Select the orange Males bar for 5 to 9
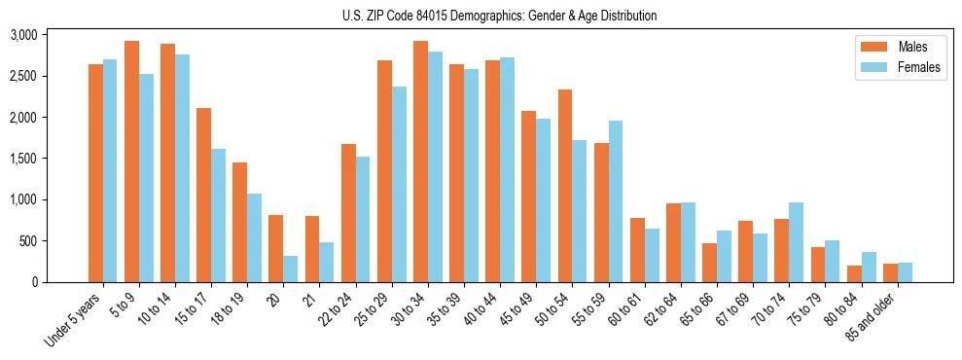click(131, 162)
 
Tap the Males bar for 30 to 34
click(420, 162)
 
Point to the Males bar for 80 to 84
click(854, 273)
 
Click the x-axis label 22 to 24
click(337, 310)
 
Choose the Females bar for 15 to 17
click(219, 215)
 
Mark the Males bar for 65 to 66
click(709, 263)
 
